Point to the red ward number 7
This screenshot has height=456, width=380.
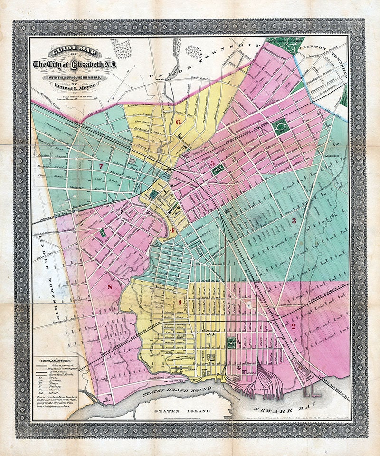point(102,166)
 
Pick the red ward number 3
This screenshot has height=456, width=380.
point(294,220)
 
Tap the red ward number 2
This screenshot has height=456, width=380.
point(293,326)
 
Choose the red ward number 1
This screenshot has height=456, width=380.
point(180,302)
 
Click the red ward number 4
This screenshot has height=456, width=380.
point(173,230)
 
